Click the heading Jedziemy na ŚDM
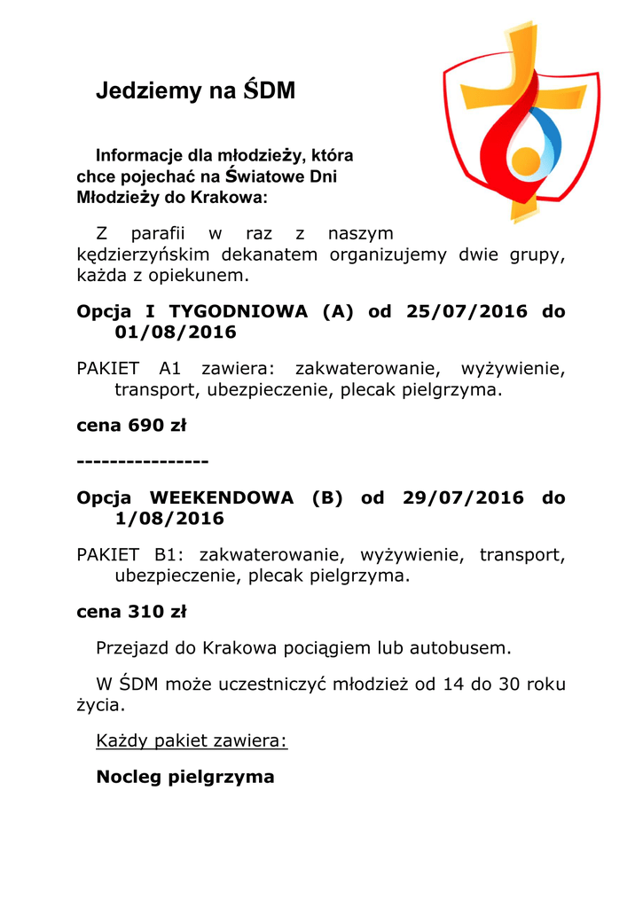coord(195,91)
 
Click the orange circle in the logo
coord(526,160)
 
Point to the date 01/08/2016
coord(176,333)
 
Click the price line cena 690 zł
coord(131,425)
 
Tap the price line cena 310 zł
coord(131,611)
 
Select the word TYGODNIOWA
coord(239,311)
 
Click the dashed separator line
coord(143,462)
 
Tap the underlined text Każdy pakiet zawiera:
coord(192,741)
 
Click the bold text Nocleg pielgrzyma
coord(185,777)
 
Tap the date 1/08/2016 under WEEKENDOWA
coord(169,519)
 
